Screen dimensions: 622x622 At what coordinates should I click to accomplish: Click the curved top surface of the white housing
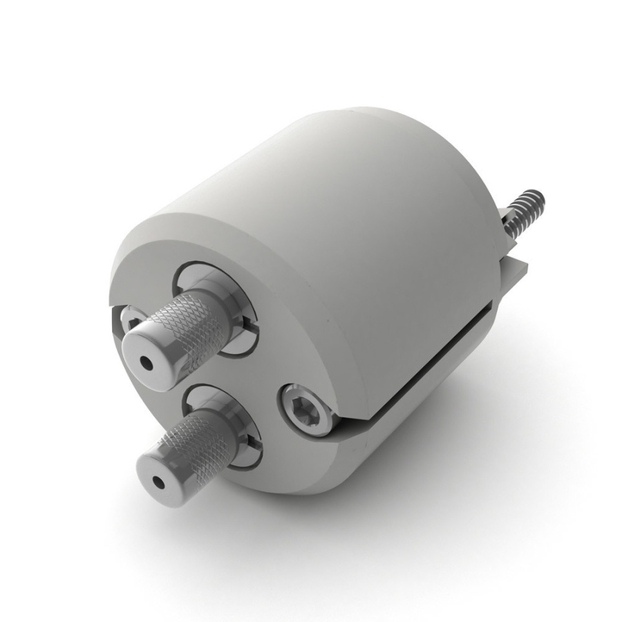coord(332,180)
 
